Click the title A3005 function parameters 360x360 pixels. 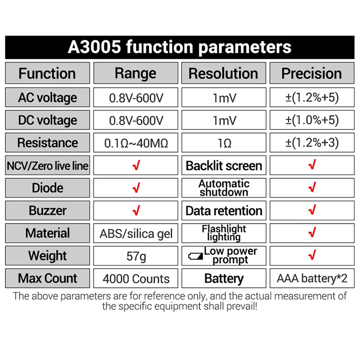pyautogui.click(x=180, y=47)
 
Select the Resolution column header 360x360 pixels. pyautogui.click(x=224, y=73)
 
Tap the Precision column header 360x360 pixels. pyautogui.click(x=312, y=73)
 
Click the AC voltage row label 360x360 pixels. pyautogui.click(x=48, y=97)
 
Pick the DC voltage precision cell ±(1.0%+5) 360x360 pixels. pyautogui.click(x=312, y=120)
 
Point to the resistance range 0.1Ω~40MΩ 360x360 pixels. pyautogui.click(x=136, y=143)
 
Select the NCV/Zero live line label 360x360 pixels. pyautogui.click(x=48, y=165)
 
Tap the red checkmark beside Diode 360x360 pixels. pyautogui.click(x=136, y=187)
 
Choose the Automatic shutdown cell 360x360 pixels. pyautogui.click(x=224, y=188)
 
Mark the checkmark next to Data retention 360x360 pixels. pyautogui.click(x=312, y=210)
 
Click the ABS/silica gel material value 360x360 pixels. pyautogui.click(x=136, y=234)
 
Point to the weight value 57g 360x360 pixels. pyautogui.click(x=136, y=256)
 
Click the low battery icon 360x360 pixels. pyautogui.click(x=196, y=256)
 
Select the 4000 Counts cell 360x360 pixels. pyautogui.click(x=136, y=278)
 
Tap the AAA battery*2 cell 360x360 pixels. pyautogui.click(x=312, y=278)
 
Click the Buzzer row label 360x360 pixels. pyautogui.click(x=48, y=210)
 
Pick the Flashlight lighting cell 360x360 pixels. pyautogui.click(x=224, y=233)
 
